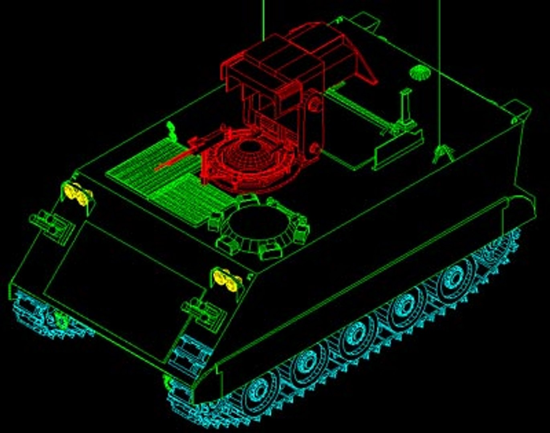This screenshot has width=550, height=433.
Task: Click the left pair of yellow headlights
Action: (x=76, y=193)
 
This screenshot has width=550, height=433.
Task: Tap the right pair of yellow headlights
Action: (x=226, y=279)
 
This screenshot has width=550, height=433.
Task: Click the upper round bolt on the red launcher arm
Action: (x=315, y=104)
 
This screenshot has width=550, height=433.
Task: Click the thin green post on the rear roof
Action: (x=406, y=106)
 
